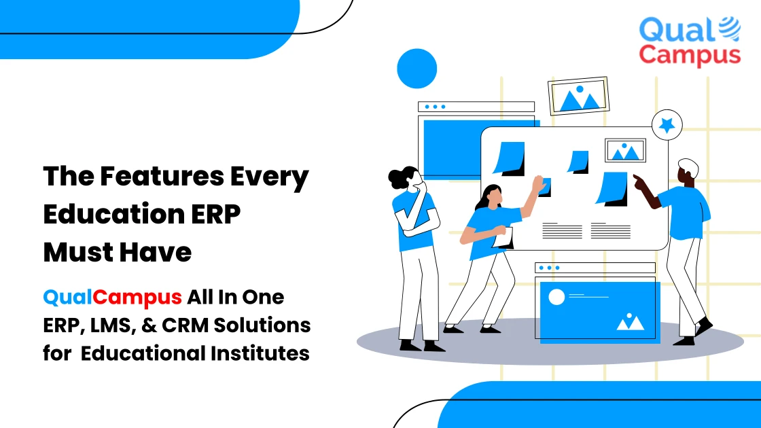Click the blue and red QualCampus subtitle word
[x=112, y=297]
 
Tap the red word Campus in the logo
[x=689, y=55]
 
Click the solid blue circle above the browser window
[x=417, y=68]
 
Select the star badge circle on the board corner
[x=667, y=125]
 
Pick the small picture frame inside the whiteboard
[x=625, y=150]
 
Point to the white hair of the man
[x=688, y=166]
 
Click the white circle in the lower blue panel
[x=556, y=298]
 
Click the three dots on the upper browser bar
[x=434, y=107]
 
